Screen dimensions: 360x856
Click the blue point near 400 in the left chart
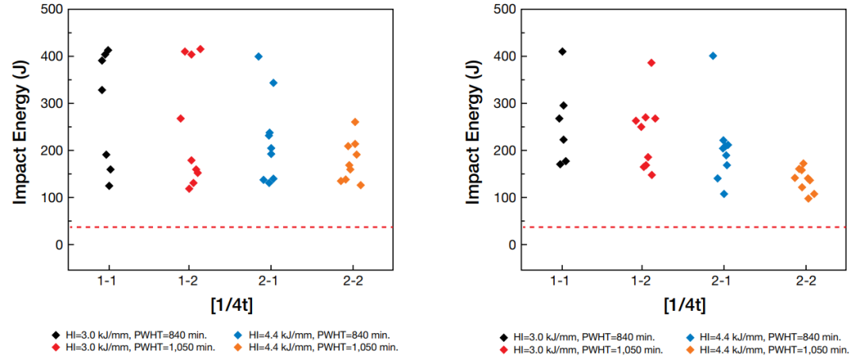(258, 56)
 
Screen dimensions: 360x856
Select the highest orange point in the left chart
(355, 122)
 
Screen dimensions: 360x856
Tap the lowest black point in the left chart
(109, 186)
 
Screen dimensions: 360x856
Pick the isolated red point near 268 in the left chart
(181, 118)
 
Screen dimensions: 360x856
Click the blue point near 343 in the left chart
(273, 82)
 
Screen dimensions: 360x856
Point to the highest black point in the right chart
(563, 52)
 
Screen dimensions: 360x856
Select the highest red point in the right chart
(652, 63)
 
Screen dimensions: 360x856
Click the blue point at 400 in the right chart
(713, 56)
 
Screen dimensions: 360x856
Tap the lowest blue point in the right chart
(724, 193)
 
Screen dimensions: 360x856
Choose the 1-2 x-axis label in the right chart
(643, 281)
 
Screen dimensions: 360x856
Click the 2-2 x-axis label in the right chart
(805, 281)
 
